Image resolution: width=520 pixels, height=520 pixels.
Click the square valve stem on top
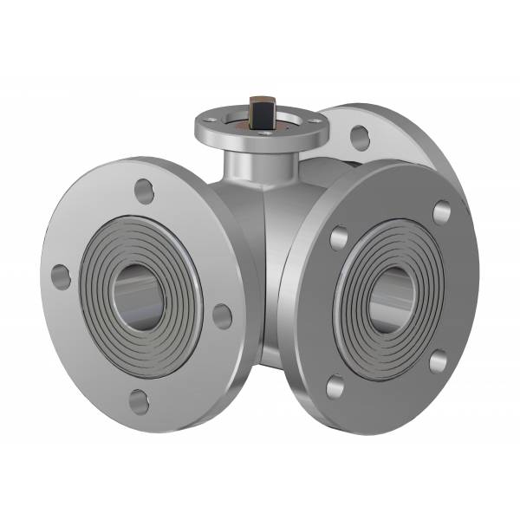tap(258, 113)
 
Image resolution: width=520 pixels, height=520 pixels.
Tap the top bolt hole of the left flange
tap(145, 191)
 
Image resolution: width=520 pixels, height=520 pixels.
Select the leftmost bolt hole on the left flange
tap(60, 276)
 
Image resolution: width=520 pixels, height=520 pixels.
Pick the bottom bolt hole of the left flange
tap(139, 400)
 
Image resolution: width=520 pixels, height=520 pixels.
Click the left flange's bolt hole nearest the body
tap(222, 315)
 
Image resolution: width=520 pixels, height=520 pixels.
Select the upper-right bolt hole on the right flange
tap(441, 211)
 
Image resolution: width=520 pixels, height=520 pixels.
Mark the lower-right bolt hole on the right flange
tap(438, 361)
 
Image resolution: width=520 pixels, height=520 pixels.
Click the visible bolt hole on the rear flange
tap(359, 137)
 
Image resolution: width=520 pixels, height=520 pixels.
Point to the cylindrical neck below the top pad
tap(244, 163)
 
